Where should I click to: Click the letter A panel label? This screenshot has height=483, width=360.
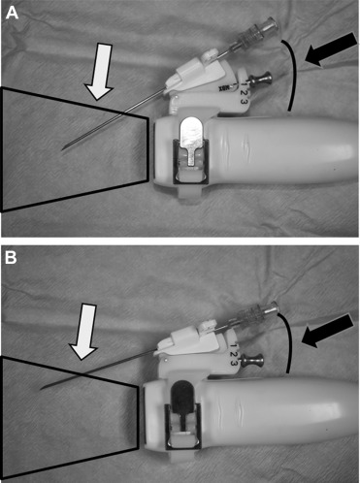[12, 14]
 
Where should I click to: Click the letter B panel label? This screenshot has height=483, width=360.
[11, 259]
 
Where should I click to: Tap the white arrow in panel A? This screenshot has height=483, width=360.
[100, 72]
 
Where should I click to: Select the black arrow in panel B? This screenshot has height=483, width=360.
[328, 331]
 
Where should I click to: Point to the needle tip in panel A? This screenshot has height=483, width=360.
[62, 150]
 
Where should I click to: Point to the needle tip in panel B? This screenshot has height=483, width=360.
[40, 390]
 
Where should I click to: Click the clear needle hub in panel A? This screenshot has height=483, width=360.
[258, 31]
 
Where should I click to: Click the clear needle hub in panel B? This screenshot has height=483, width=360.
[258, 313]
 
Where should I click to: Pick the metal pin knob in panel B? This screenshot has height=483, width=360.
[252, 359]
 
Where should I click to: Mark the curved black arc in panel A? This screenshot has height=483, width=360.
[296, 75]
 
